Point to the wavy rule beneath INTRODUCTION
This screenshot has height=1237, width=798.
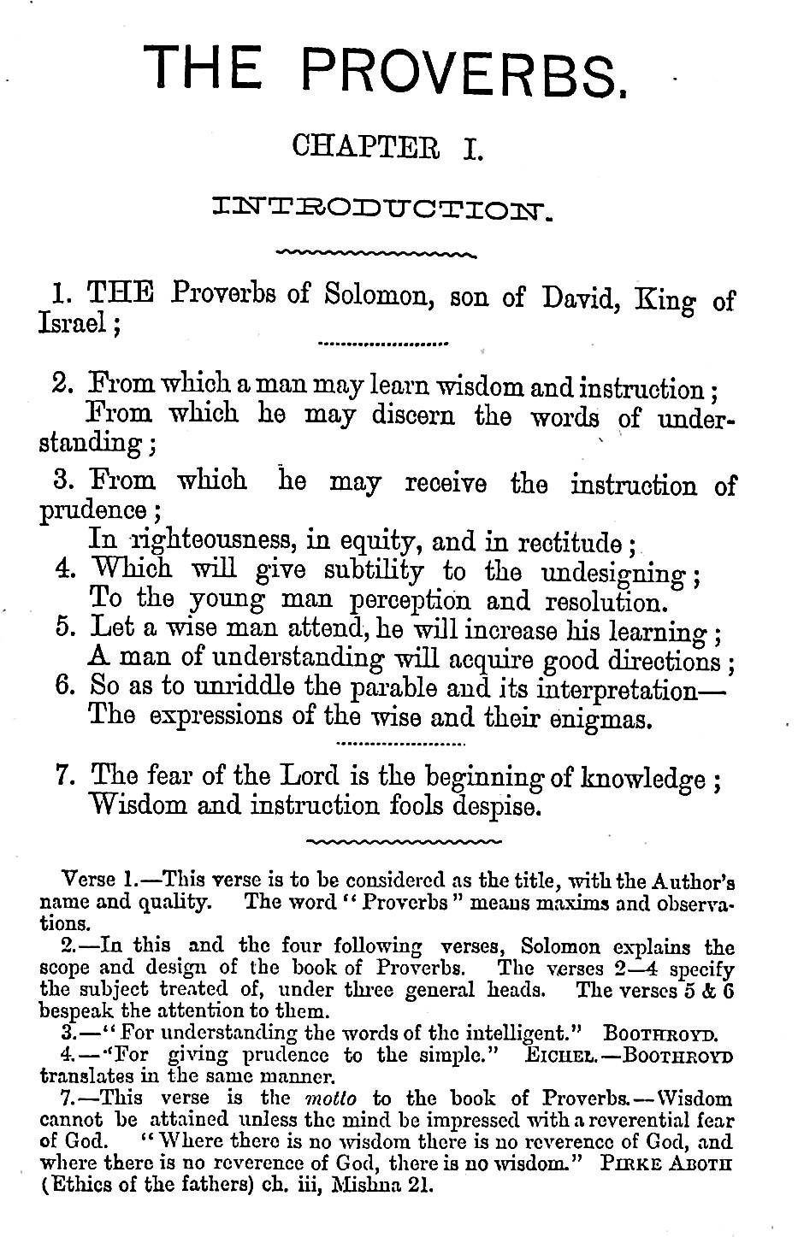point(376,253)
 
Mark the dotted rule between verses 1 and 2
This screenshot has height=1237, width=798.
point(382,346)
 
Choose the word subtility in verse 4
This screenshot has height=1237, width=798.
point(374,570)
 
